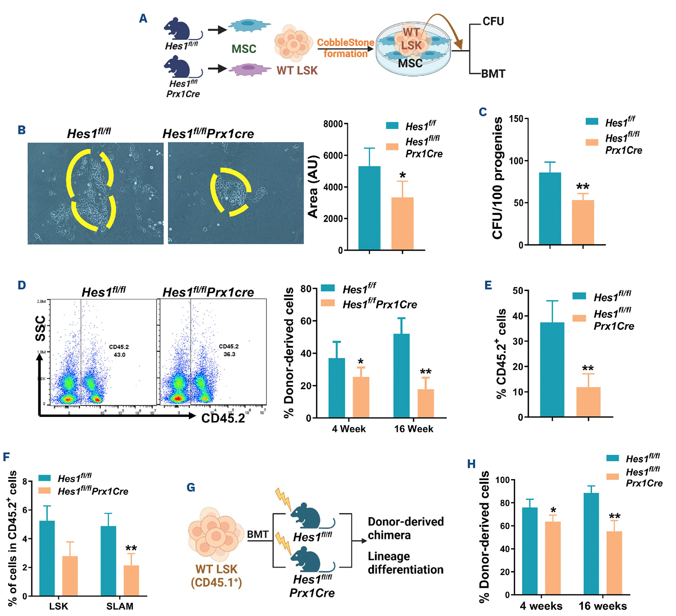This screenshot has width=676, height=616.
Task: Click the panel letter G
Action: [191, 488]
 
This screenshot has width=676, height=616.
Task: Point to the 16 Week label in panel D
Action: [413, 429]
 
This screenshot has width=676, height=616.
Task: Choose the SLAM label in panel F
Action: [120, 606]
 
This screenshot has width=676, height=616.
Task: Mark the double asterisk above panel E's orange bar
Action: [588, 369]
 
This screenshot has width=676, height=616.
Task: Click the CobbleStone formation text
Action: [346, 48]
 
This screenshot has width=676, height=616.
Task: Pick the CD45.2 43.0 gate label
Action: [119, 351]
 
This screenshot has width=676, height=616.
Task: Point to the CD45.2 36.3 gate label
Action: [228, 350]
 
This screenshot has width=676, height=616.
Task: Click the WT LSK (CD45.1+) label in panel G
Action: [216, 576]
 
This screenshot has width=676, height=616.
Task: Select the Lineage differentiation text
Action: [405, 563]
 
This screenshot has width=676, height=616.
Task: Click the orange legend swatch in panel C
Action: [592, 142]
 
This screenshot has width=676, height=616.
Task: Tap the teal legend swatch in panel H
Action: [612, 458]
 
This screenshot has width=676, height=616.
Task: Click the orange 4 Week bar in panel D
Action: [361, 397]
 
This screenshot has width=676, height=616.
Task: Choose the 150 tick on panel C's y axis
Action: [516, 119]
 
